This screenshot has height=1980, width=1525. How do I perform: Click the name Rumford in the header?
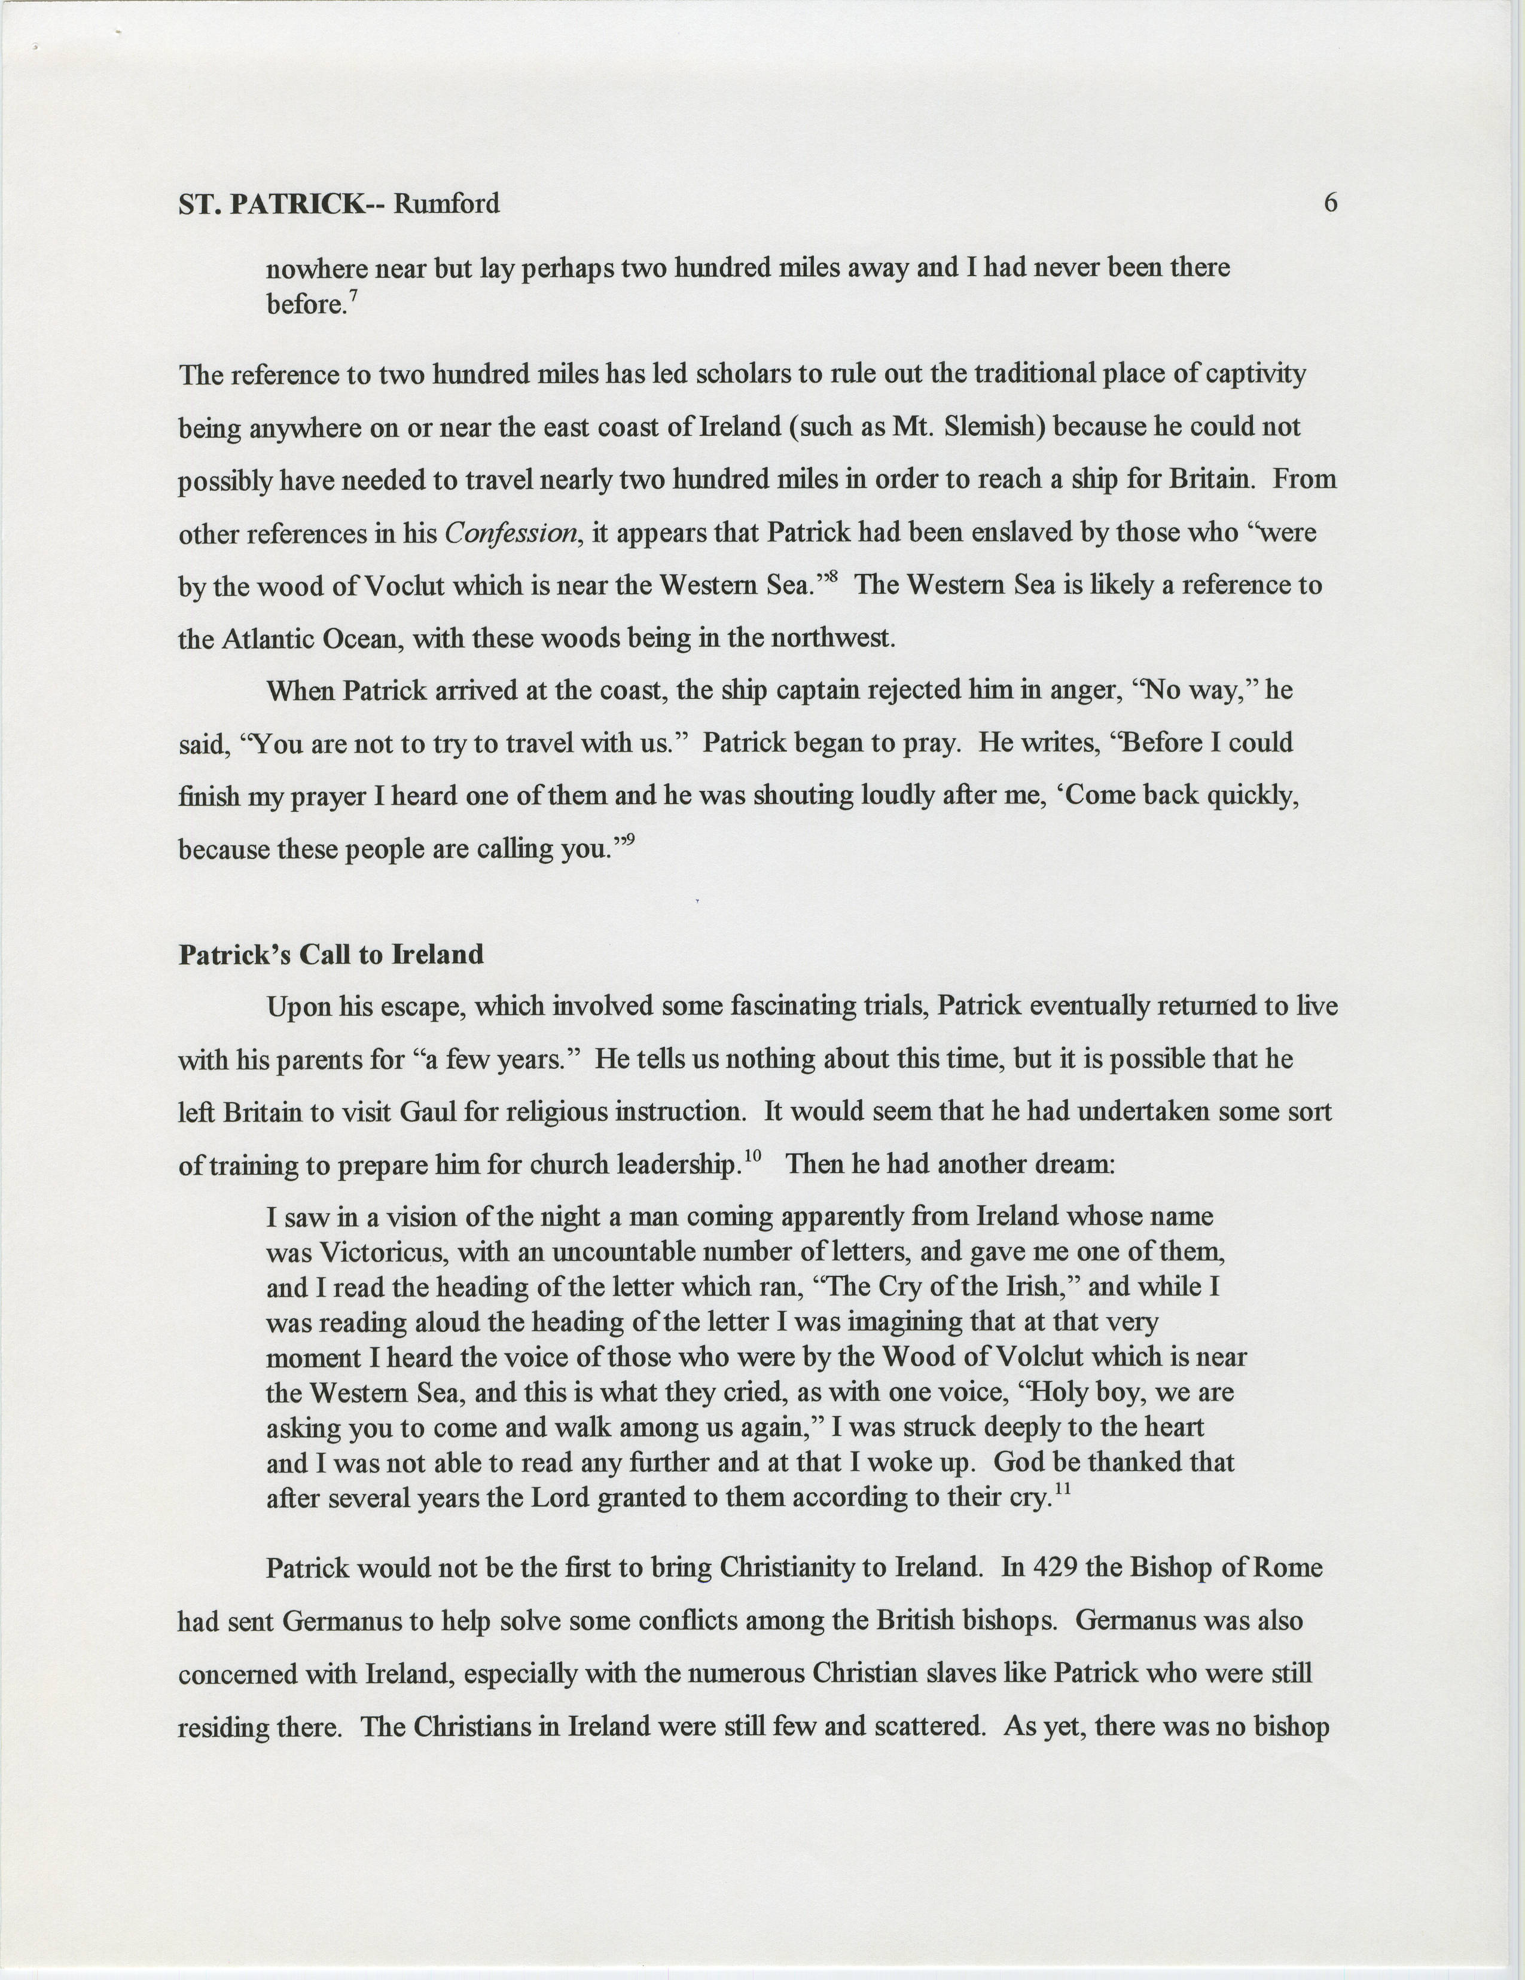coord(446,204)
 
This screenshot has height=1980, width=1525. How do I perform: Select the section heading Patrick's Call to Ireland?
coord(331,955)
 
